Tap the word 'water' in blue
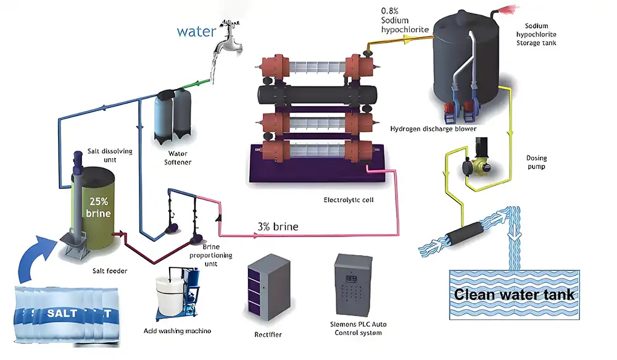tap(196, 31)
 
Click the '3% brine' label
tap(278, 227)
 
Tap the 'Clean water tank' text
tap(515, 294)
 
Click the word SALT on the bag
tap(63, 313)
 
